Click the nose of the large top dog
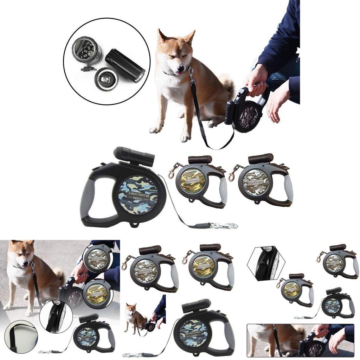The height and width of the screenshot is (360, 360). (180, 68)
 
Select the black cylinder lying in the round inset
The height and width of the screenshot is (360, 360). (125, 65)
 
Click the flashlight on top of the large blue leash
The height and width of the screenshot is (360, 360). (134, 157)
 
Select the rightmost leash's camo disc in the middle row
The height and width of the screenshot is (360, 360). (256, 182)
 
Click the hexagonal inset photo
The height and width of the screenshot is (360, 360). (266, 263)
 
